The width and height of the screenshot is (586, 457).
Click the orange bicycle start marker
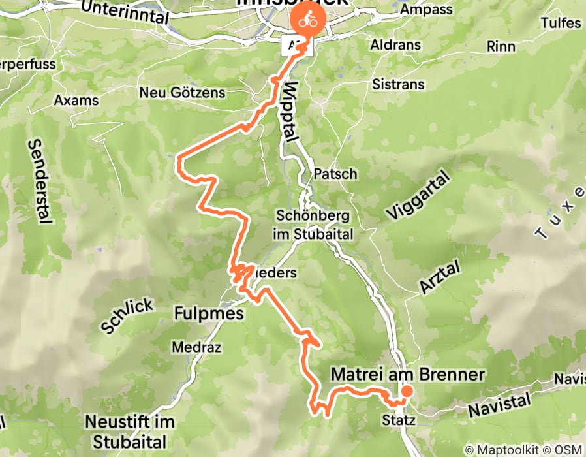304,21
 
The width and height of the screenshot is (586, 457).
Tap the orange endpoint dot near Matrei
407,391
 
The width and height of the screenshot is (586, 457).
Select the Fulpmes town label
209,314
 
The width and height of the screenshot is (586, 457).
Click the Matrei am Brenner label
408,374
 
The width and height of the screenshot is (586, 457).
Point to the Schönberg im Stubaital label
315,225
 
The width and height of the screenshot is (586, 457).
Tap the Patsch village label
335,174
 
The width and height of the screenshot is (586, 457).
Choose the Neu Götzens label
182,93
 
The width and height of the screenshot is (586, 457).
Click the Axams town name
76,101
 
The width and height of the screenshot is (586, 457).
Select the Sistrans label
398,84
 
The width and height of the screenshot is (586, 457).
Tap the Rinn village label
501,47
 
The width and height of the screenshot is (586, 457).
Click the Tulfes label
561,23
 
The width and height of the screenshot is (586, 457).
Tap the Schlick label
128,316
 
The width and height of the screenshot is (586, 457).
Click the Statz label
399,420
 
